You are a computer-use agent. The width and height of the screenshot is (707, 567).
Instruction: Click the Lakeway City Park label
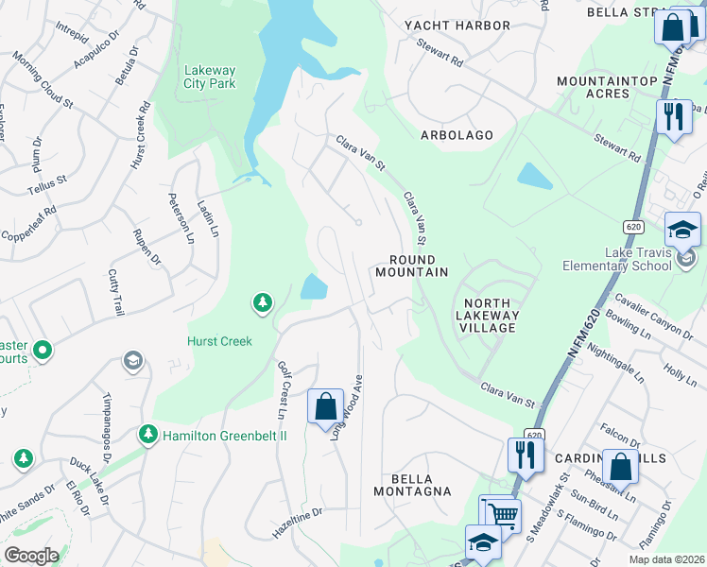(x=210, y=76)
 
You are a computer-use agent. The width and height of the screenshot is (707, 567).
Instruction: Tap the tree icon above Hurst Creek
(x=262, y=303)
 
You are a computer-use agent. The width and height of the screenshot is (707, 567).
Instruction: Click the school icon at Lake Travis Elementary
(x=682, y=230)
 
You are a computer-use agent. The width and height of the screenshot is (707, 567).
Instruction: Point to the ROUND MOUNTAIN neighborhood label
(x=411, y=266)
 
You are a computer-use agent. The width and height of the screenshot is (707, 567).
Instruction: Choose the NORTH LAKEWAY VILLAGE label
(x=487, y=315)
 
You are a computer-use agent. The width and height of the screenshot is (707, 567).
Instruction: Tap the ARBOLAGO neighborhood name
(x=457, y=135)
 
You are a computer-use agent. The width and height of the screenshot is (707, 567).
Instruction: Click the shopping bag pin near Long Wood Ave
(x=325, y=406)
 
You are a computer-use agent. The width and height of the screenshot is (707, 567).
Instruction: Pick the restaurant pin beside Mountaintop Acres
(x=673, y=117)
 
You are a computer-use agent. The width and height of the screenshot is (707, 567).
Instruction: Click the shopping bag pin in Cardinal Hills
(x=621, y=468)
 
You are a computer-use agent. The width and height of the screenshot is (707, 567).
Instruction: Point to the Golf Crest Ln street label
(x=282, y=390)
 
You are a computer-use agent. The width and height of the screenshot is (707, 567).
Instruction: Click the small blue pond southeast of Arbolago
(x=534, y=176)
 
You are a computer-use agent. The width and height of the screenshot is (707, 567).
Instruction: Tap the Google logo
(x=31, y=556)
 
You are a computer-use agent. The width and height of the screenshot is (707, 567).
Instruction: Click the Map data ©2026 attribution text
(x=665, y=559)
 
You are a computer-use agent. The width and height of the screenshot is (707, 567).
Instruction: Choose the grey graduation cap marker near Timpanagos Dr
(x=133, y=362)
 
